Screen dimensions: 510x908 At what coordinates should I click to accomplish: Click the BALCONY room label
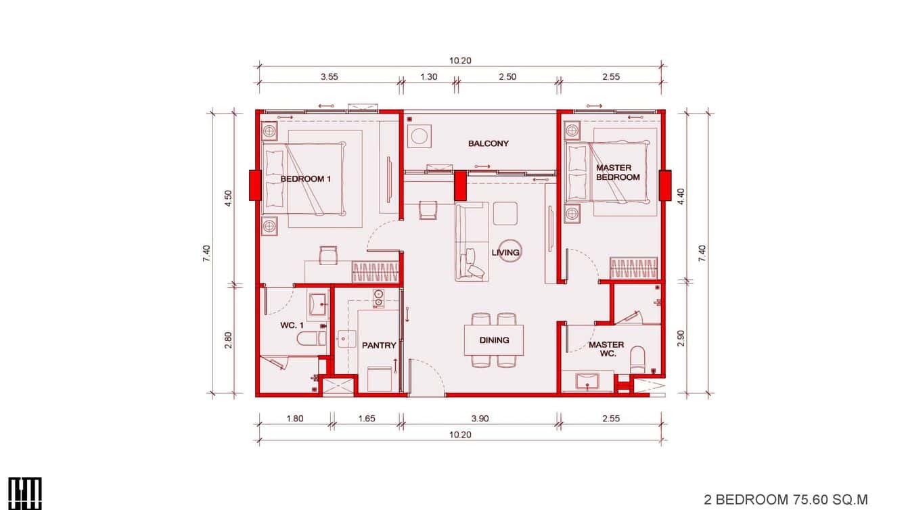click(488, 143)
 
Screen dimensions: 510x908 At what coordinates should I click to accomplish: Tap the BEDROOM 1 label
click(306, 179)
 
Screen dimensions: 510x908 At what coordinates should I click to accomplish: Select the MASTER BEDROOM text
click(617, 172)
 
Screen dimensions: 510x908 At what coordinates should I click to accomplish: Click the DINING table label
click(494, 340)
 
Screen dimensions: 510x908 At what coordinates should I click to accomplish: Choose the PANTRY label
click(379, 346)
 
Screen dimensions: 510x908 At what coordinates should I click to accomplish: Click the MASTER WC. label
click(606, 349)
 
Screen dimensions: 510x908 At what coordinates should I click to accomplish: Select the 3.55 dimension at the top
click(330, 76)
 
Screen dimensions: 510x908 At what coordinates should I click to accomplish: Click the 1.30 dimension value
click(428, 76)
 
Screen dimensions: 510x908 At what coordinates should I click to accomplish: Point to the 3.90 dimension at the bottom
click(482, 419)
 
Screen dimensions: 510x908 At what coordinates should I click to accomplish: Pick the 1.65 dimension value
click(366, 419)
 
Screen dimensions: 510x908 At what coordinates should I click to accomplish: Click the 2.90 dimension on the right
click(681, 338)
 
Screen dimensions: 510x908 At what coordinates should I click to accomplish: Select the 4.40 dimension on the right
click(681, 196)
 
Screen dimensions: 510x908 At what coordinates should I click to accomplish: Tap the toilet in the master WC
click(638, 358)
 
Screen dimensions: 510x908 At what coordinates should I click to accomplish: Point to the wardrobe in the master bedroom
click(634, 268)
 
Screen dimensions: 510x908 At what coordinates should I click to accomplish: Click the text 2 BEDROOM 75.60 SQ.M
click(785, 499)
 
